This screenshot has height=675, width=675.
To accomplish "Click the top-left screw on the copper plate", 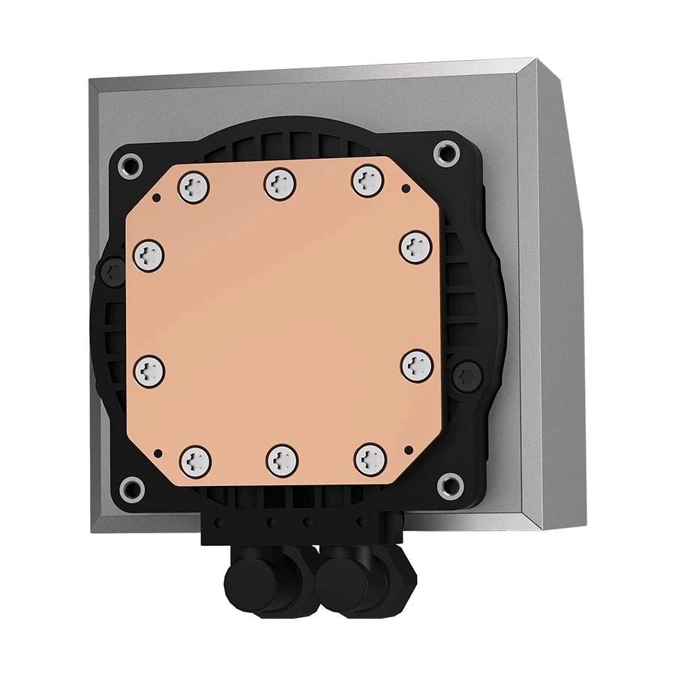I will pos(194,184).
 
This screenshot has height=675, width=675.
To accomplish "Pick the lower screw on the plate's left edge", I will pos(150,369).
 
